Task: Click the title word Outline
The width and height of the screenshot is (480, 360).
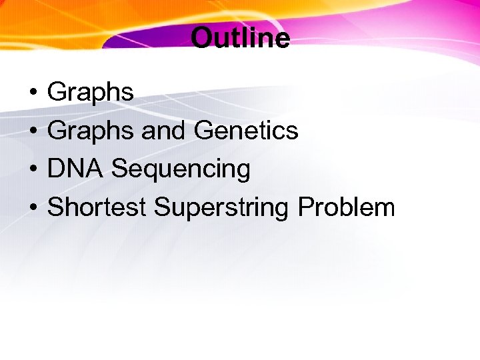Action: [240, 38]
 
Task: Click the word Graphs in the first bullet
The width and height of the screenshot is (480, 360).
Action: [91, 92]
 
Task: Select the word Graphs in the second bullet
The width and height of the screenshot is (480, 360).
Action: [91, 131]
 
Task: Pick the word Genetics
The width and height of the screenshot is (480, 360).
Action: [246, 131]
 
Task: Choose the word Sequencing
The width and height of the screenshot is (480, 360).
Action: [181, 170]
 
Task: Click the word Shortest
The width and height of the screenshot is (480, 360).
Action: [97, 207]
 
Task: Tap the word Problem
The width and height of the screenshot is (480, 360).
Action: [346, 207]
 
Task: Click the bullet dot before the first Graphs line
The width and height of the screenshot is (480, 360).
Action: [32, 93]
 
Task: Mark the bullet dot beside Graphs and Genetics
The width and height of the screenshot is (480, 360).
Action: [32, 131]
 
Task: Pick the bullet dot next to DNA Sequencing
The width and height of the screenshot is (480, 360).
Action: [32, 169]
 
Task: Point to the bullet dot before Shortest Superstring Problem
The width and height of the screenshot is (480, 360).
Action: [32, 208]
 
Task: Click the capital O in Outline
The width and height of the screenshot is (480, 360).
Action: [201, 38]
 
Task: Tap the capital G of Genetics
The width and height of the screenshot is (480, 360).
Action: [203, 131]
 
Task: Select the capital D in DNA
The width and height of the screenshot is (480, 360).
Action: [56, 169]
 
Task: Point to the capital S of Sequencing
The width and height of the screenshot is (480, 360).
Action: [119, 169]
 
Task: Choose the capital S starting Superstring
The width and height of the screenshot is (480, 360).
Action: [162, 207]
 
